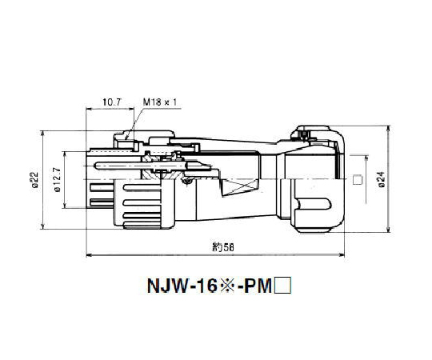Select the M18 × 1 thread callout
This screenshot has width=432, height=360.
(160, 103)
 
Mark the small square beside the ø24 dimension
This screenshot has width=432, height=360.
(358, 180)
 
